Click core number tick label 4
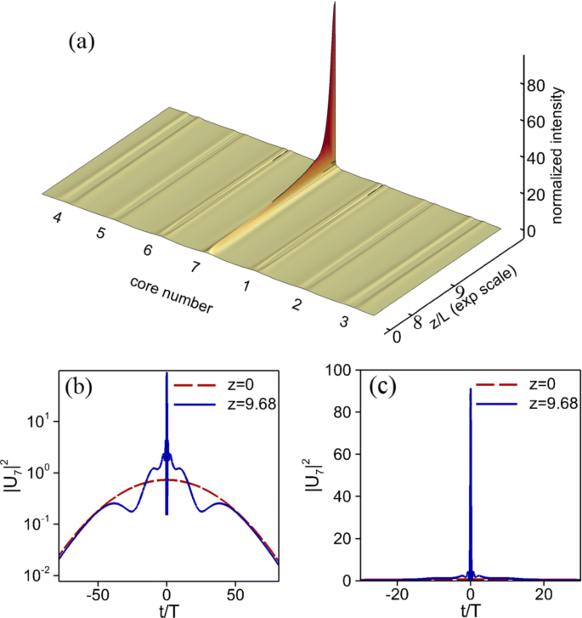(58, 218)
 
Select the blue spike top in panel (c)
(471, 389)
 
